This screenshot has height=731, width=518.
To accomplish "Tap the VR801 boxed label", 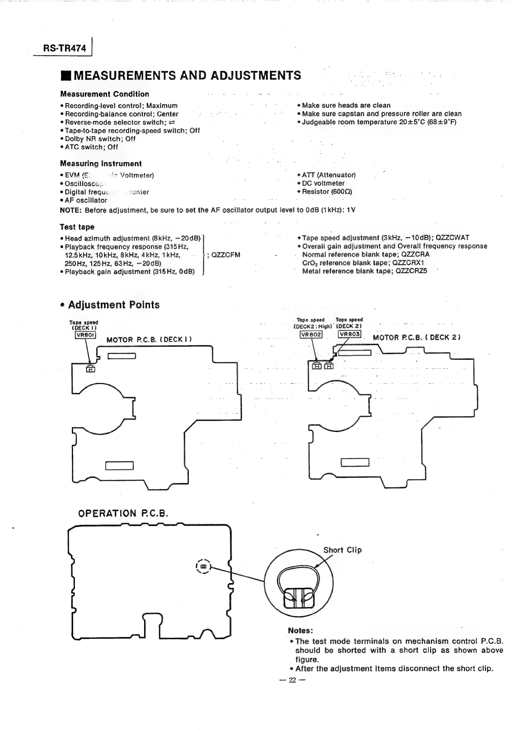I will click(85, 335).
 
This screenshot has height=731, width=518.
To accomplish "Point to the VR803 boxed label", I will click(350, 334).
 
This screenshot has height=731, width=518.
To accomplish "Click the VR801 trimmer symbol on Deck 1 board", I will click(91, 369).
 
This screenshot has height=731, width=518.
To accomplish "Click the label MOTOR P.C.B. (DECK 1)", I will click(149, 339).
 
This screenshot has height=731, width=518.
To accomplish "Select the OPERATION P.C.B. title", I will click(123, 513).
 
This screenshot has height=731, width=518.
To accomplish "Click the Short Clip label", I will click(342, 550).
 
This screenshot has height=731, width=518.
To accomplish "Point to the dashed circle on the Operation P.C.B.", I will click(203, 567).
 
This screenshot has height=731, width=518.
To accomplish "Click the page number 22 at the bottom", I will click(292, 681).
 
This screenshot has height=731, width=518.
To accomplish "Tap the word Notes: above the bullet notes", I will click(300, 631).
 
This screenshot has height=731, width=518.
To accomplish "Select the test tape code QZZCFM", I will click(225, 255).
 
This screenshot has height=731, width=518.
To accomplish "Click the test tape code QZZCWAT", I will click(452, 238).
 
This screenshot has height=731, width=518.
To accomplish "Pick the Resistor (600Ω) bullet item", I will click(327, 192).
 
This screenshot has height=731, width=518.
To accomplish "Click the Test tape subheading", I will click(77, 227).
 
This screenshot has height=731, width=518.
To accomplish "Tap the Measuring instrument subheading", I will click(101, 164).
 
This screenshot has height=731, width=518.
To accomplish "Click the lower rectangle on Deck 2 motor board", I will click(355, 463).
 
